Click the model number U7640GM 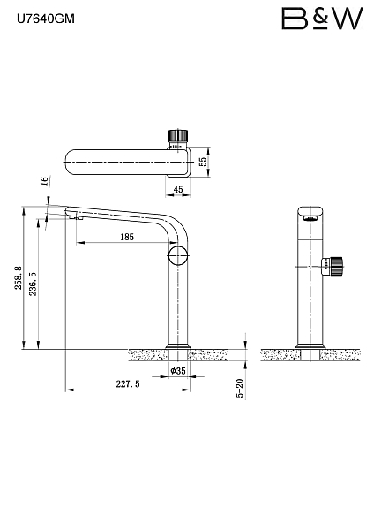(46, 19)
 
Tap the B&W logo (322, 19)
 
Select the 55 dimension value (203, 162)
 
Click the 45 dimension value (178, 189)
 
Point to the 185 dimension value (127, 237)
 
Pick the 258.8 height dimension (18, 277)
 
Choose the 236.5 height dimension (33, 284)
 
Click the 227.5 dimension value (128, 384)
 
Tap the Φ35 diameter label (178, 371)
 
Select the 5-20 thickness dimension (240, 389)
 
